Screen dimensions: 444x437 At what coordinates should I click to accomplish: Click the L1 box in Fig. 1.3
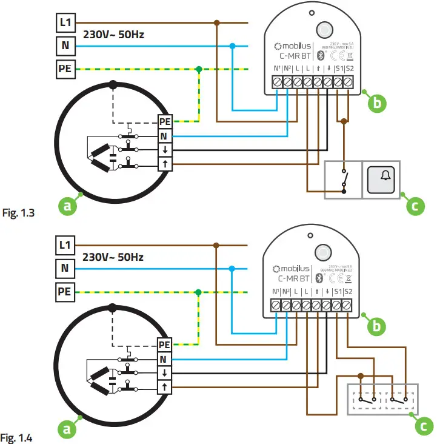[65, 23]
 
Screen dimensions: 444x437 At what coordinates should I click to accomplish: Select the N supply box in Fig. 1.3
[65, 46]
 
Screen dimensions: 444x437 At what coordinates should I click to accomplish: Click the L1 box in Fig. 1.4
[65, 246]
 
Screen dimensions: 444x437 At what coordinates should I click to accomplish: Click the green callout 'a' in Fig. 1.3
[68, 206]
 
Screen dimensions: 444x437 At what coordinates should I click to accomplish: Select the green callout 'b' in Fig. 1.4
[377, 326]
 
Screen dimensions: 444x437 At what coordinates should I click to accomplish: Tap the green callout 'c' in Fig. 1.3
[414, 206]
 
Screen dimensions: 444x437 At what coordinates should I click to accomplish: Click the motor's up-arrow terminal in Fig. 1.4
[165, 386]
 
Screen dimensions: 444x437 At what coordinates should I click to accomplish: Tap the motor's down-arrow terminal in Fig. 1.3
[165, 150]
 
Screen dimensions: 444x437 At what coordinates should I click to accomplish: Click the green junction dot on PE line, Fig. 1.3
[199, 69]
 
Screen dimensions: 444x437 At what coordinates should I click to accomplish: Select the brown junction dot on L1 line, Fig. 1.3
[216, 23]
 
